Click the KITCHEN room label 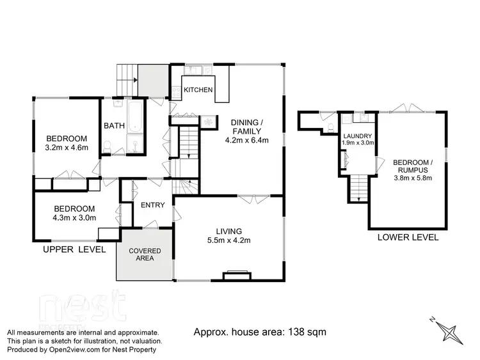coord(198,90)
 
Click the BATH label coord(114,126)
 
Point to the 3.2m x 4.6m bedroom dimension coord(66,149)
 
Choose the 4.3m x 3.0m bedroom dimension coord(74,217)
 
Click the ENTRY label coord(153,205)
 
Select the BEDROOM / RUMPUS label coord(413,166)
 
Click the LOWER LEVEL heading coord(408,237)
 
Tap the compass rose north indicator coord(451,332)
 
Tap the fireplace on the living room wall coord(234,276)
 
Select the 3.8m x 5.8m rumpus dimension coord(413,178)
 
